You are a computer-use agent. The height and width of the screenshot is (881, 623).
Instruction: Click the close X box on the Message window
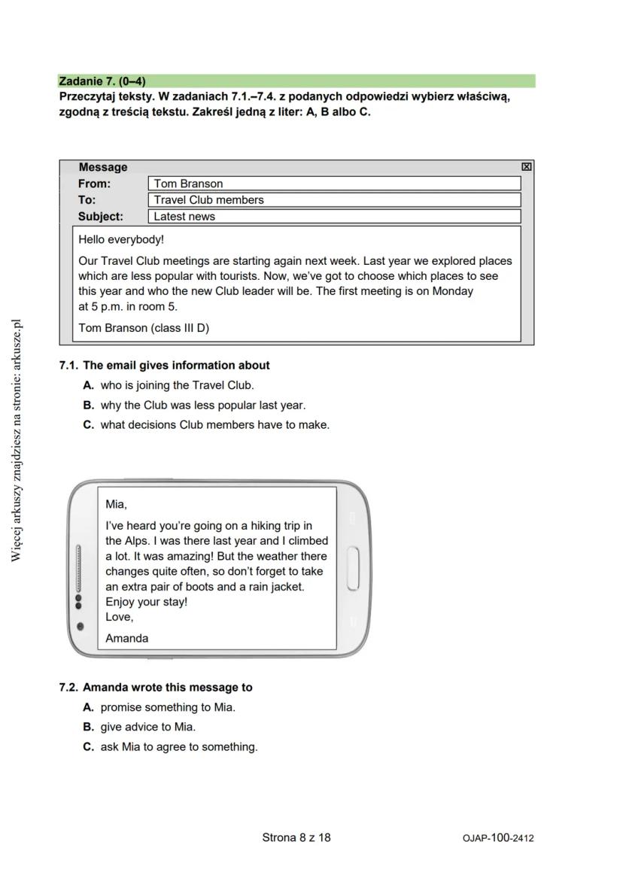coord(527,167)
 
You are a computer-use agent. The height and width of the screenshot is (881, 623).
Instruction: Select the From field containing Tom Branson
coord(334,184)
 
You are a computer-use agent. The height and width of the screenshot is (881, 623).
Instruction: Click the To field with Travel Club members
coord(334,200)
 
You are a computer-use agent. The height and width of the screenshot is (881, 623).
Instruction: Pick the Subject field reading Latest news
coord(334,217)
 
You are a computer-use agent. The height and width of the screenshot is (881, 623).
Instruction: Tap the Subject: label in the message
coord(100,217)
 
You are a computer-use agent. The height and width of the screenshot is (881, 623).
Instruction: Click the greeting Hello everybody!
coord(121,240)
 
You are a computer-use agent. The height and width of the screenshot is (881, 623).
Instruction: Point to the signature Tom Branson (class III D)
coord(144,327)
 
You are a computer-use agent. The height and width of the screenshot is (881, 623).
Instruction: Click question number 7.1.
coord(69,366)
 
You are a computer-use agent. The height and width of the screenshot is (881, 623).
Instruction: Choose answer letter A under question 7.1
coord(88,385)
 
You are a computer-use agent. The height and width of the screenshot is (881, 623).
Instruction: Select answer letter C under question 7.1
coord(88,424)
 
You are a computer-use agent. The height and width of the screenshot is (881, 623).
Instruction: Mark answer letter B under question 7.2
coord(88,727)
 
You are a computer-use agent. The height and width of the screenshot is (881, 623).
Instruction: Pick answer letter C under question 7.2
coord(88,747)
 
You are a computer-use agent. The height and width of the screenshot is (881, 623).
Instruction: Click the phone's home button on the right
coord(353,569)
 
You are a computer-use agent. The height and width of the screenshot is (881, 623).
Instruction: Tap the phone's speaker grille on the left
coord(77,569)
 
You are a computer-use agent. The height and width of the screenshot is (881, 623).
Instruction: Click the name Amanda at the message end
coord(126,638)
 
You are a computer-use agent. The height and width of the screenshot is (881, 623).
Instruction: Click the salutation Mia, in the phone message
coord(116,504)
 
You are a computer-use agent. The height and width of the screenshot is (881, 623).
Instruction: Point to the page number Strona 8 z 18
coord(296,837)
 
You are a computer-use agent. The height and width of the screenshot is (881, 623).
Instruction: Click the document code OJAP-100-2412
coord(498,838)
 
